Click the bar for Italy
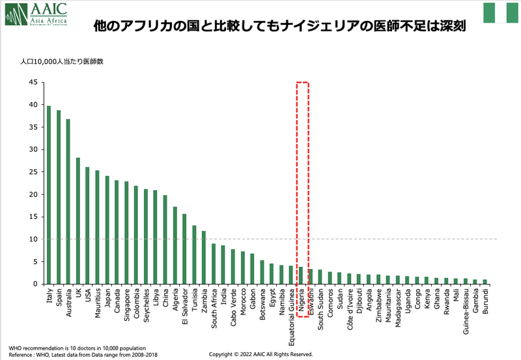[x=49, y=195]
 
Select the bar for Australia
[x=68, y=201]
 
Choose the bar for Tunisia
[x=194, y=255]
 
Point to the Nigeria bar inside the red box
[x=300, y=275]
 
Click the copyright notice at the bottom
[x=260, y=354]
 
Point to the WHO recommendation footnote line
[x=77, y=348]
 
